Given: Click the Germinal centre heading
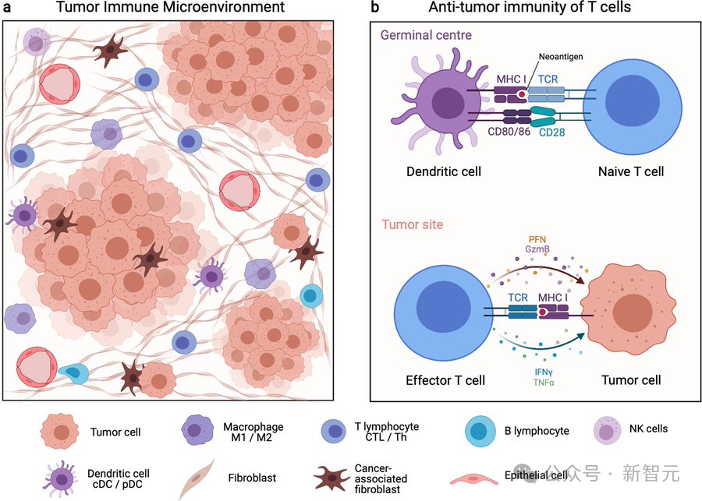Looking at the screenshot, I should [427, 36].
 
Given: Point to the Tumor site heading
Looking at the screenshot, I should [413, 224].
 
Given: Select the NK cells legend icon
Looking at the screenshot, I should [608, 429].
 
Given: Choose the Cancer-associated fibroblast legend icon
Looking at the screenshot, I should [331, 477].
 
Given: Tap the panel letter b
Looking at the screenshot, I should [375, 8].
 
